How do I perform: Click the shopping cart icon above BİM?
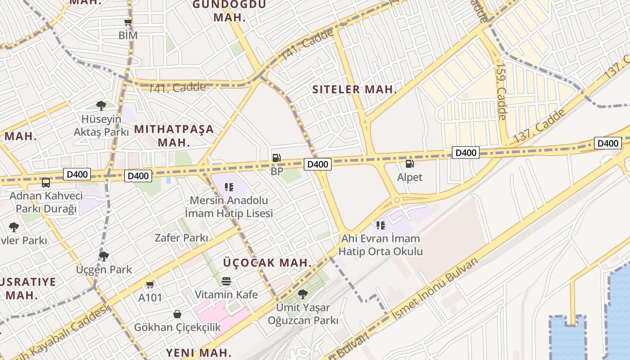128,22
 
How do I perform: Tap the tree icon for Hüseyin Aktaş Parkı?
101,106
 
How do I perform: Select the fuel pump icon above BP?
277,158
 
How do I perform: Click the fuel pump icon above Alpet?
409,164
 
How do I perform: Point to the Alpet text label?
409,177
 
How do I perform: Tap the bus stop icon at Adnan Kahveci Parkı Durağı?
46,182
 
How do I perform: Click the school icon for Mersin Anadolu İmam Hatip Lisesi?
229,187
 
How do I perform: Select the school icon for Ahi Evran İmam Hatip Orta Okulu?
381,225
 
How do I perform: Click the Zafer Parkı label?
181,238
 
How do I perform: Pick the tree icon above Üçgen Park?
104,256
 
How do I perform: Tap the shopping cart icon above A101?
150,284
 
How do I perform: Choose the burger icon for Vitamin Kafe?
226,281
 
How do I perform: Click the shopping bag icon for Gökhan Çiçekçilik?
177,314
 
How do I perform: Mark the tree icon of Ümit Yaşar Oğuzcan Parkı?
303,294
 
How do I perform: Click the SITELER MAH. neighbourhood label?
355,89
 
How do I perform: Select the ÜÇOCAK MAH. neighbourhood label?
267,262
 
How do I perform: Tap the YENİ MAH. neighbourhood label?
198,352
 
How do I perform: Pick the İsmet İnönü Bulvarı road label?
434,290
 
